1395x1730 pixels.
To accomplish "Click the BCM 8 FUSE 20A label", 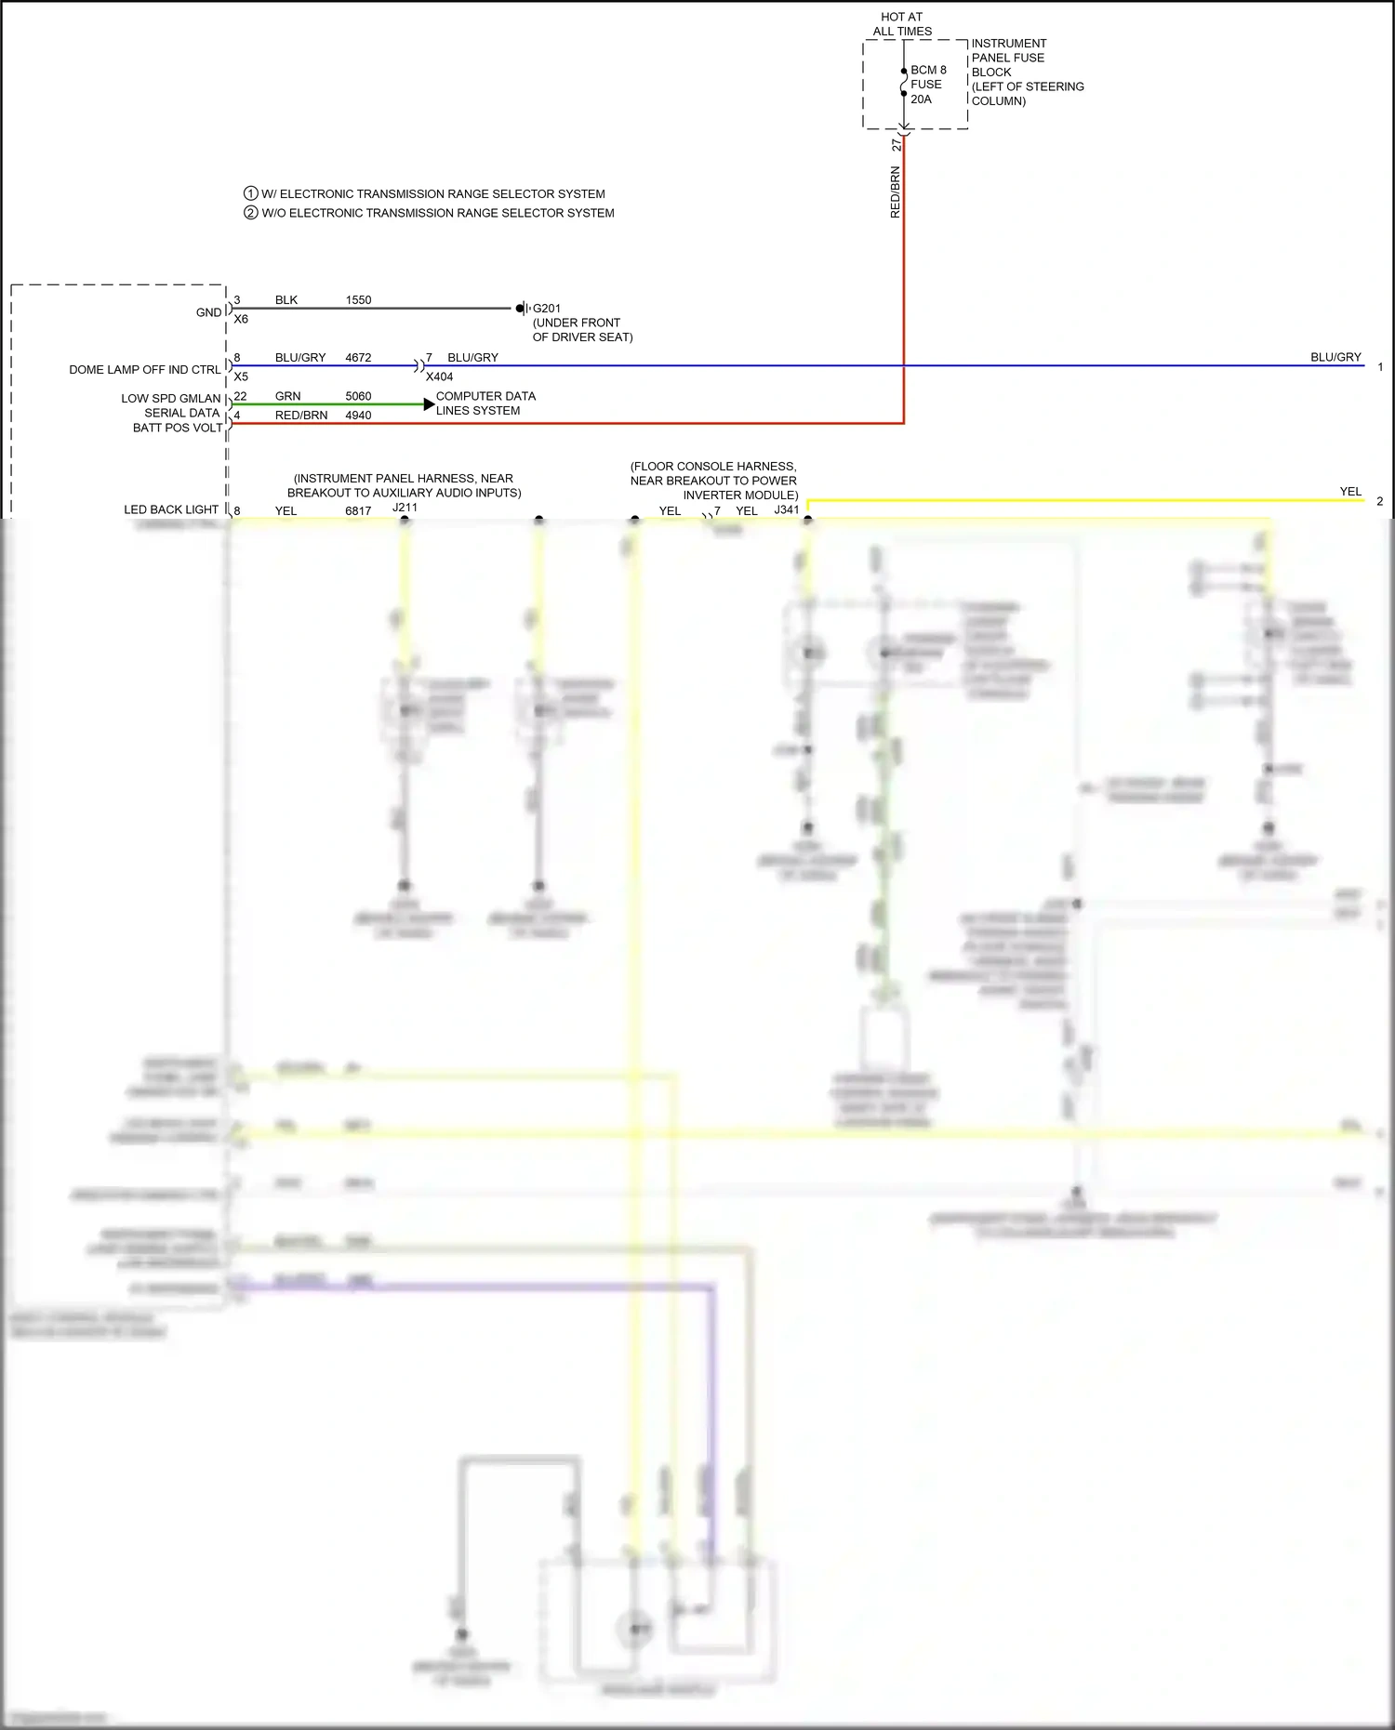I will [927, 85].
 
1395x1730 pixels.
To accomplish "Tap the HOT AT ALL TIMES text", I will [902, 24].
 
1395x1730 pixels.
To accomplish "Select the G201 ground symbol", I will [523, 309].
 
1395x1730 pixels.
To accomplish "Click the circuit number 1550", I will [358, 300].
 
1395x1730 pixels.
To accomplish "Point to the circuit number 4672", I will [358, 358].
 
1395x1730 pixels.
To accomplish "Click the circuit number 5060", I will [358, 396].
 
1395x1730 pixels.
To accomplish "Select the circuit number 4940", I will [358, 416].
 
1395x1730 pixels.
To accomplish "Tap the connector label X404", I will [439, 376].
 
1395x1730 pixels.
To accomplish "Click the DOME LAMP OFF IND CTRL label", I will [145, 370].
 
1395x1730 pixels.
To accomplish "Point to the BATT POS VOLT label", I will [178, 428].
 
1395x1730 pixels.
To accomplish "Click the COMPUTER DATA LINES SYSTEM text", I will [485, 403].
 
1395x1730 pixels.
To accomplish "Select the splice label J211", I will [405, 508].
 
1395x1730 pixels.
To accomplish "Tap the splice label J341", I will [787, 509].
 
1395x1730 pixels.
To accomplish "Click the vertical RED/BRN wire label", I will [896, 192].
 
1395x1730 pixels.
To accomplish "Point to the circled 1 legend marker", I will [250, 193].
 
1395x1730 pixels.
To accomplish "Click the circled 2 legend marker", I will [250, 213].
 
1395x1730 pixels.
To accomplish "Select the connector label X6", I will [241, 319].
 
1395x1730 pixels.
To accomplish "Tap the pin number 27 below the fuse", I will [897, 145].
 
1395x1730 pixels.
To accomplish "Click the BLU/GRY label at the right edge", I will [1335, 357].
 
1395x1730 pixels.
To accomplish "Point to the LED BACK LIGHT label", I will [171, 509].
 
